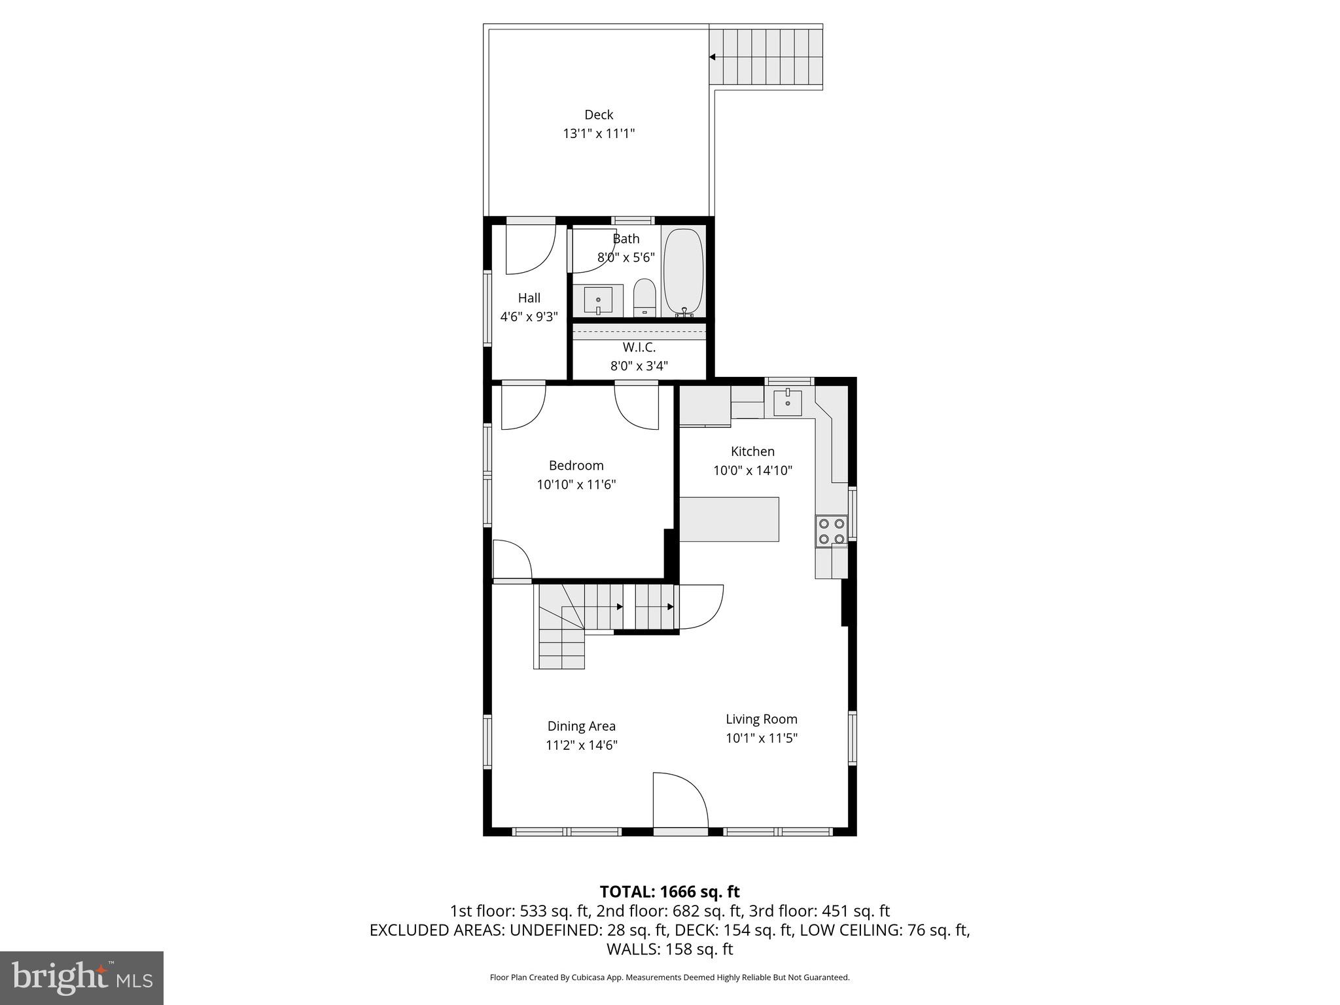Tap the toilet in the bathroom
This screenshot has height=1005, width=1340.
coord(644,298)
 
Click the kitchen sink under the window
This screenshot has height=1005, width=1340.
coord(787,403)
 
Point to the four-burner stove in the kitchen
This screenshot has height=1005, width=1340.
coord(831,531)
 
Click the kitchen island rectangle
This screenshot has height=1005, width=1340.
coord(729,519)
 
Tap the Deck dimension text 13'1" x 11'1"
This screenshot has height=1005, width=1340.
coord(599,133)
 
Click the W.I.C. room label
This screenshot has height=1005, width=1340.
coord(639,347)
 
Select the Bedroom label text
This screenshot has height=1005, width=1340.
coord(576,465)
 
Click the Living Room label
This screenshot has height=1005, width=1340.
coord(761,719)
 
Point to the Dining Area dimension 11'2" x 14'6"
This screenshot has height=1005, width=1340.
coord(581,745)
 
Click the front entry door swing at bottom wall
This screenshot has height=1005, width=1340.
coord(680,802)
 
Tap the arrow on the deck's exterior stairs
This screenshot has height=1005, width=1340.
coord(713,57)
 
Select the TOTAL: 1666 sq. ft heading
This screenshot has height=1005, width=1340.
coord(669,891)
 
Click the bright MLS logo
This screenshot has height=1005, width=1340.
coord(82,978)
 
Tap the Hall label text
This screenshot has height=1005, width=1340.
coord(529,298)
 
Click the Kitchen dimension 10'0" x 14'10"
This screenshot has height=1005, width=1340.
coord(752,470)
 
